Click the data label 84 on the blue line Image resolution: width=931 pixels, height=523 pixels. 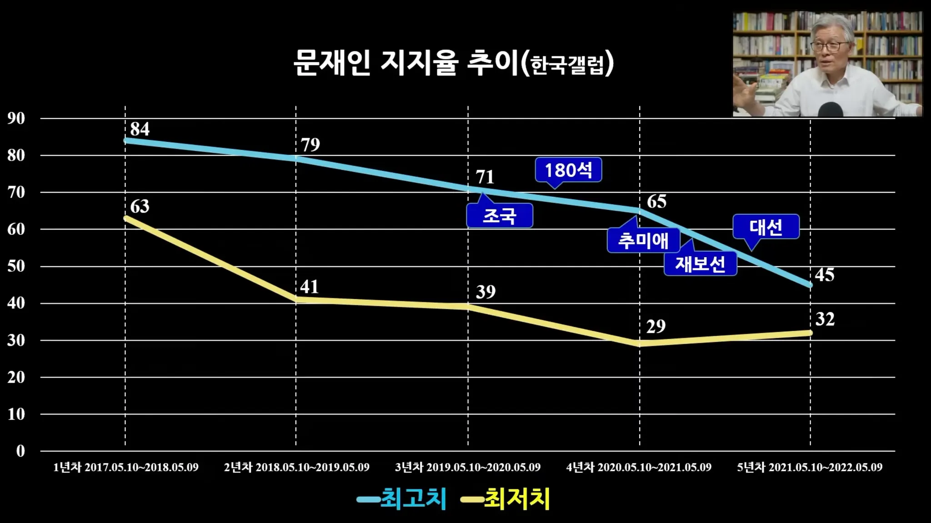140,129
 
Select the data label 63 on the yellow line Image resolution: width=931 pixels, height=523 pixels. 140,206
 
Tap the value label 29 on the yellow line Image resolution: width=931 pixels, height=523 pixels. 656,326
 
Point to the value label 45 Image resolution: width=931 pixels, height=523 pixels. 824,275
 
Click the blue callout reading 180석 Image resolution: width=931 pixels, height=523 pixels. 568,170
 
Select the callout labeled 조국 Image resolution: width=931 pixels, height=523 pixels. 499,216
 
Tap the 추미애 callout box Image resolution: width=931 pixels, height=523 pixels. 643,240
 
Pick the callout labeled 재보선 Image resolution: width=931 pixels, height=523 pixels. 700,264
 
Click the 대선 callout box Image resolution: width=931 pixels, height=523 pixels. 766,227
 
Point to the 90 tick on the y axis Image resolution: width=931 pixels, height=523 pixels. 16,119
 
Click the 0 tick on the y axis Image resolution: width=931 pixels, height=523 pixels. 20,451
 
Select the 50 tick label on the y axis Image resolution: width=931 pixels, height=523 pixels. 16,266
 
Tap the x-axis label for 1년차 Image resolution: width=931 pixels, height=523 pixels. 126,467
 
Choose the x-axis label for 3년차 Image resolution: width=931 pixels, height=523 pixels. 468,467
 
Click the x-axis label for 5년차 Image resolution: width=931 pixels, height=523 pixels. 810,467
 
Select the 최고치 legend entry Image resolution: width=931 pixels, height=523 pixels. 402,499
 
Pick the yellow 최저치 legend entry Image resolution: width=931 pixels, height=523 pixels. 506,499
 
